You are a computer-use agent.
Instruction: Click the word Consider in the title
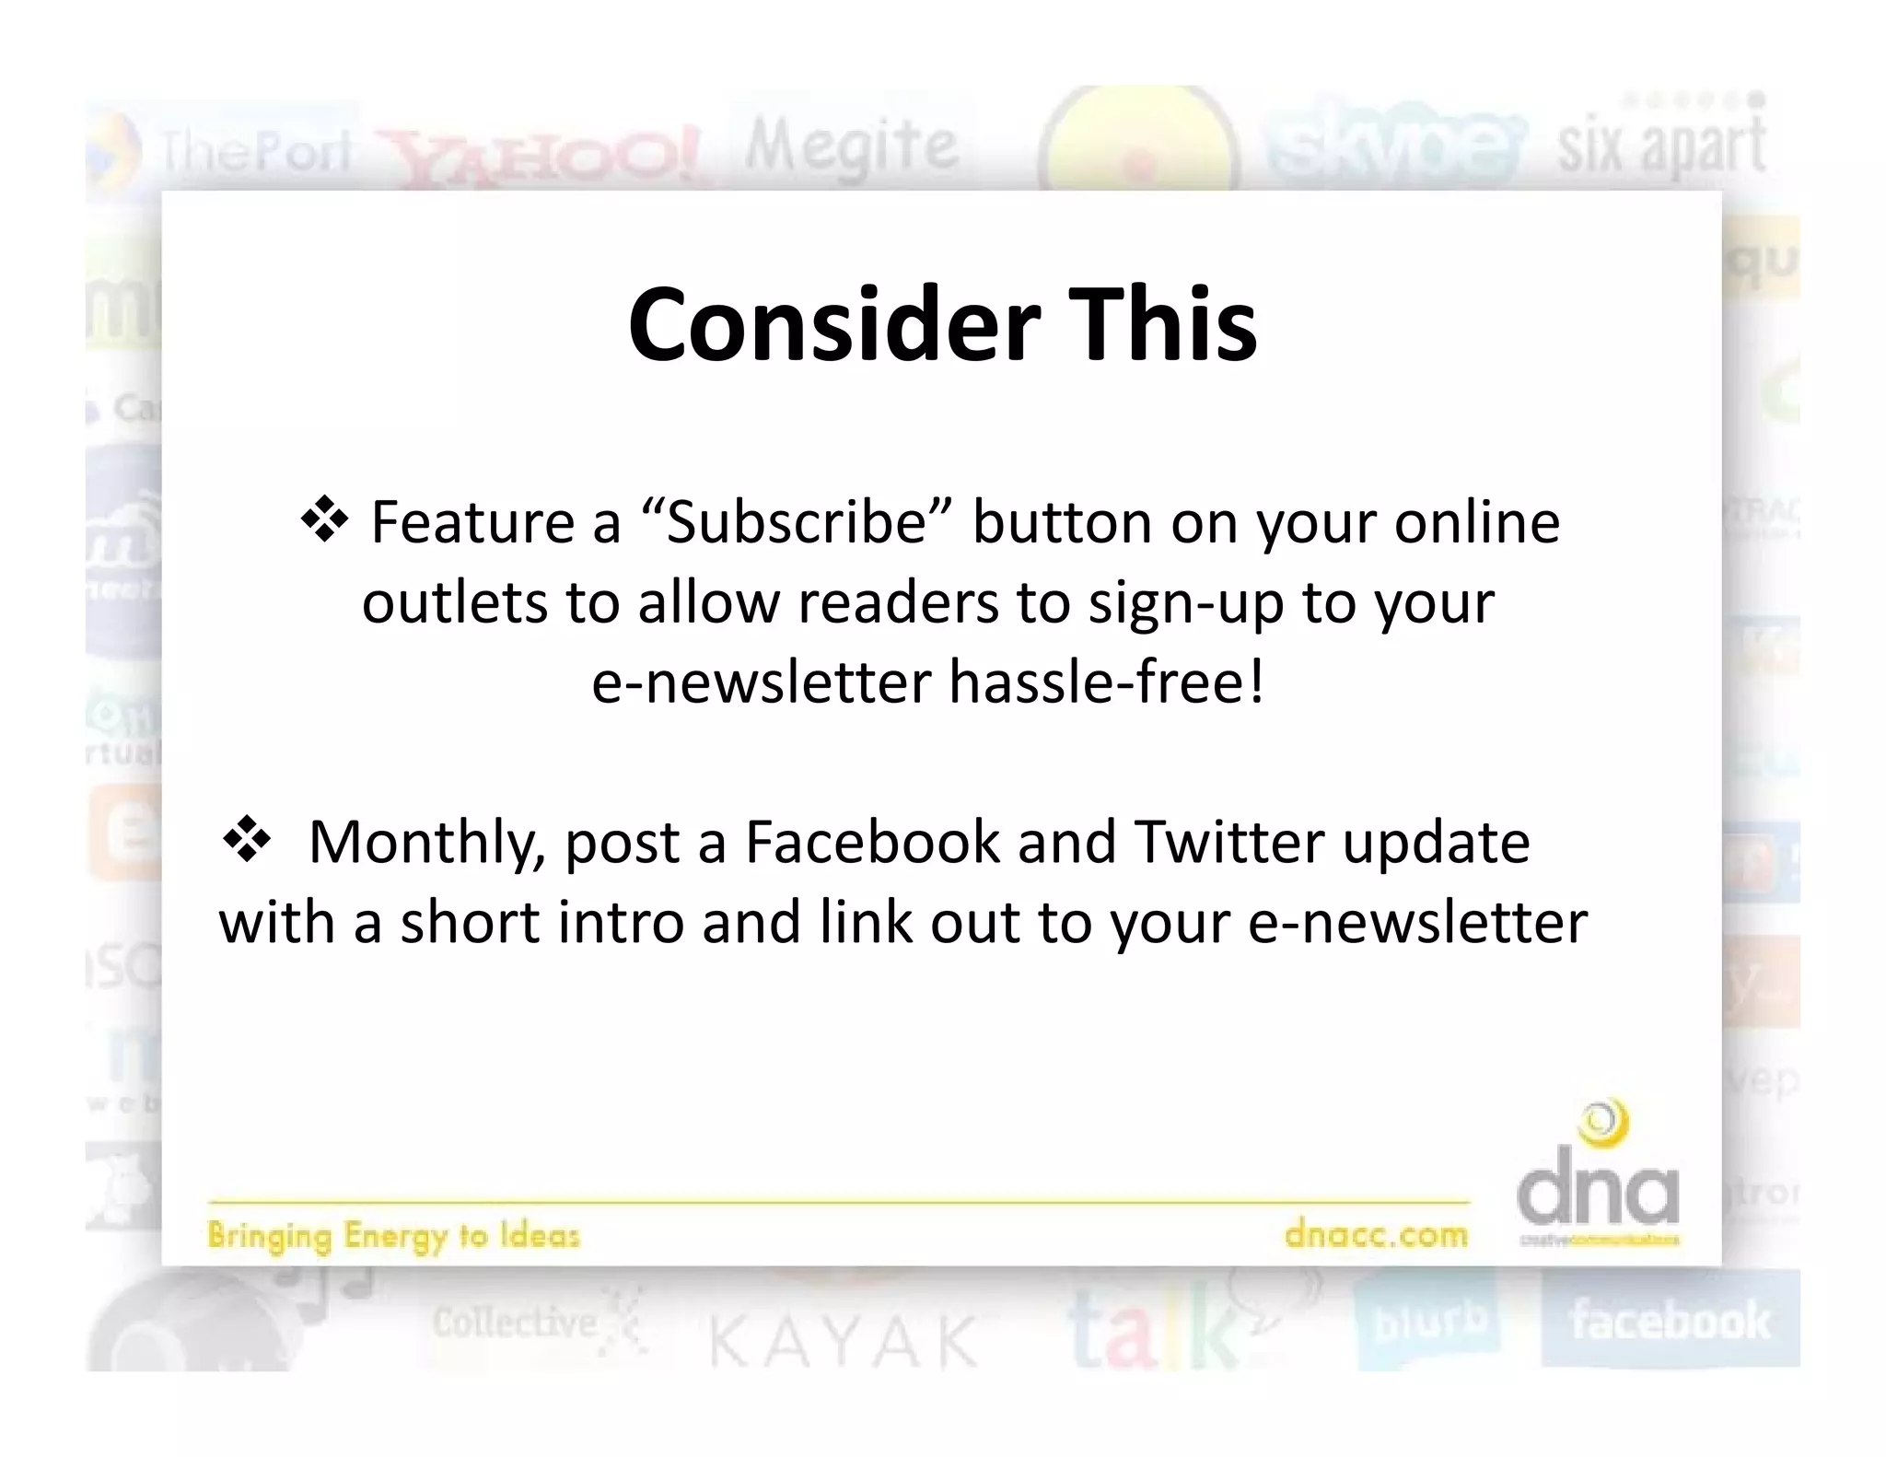click(833, 325)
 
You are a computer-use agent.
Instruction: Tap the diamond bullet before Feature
click(324, 521)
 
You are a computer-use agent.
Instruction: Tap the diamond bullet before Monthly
click(246, 841)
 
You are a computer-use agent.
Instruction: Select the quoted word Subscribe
click(796, 522)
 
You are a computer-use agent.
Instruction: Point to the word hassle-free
click(1106, 682)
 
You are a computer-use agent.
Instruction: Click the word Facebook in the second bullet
click(871, 842)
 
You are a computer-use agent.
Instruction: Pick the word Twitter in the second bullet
click(1228, 842)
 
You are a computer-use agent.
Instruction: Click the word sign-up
click(1185, 604)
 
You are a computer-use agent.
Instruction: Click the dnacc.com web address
click(1376, 1234)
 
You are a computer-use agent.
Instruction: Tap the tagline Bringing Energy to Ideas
click(393, 1235)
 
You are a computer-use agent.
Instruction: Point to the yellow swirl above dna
click(1603, 1125)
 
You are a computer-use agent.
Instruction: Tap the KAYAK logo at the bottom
click(844, 1341)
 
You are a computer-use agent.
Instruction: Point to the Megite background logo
click(851, 146)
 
